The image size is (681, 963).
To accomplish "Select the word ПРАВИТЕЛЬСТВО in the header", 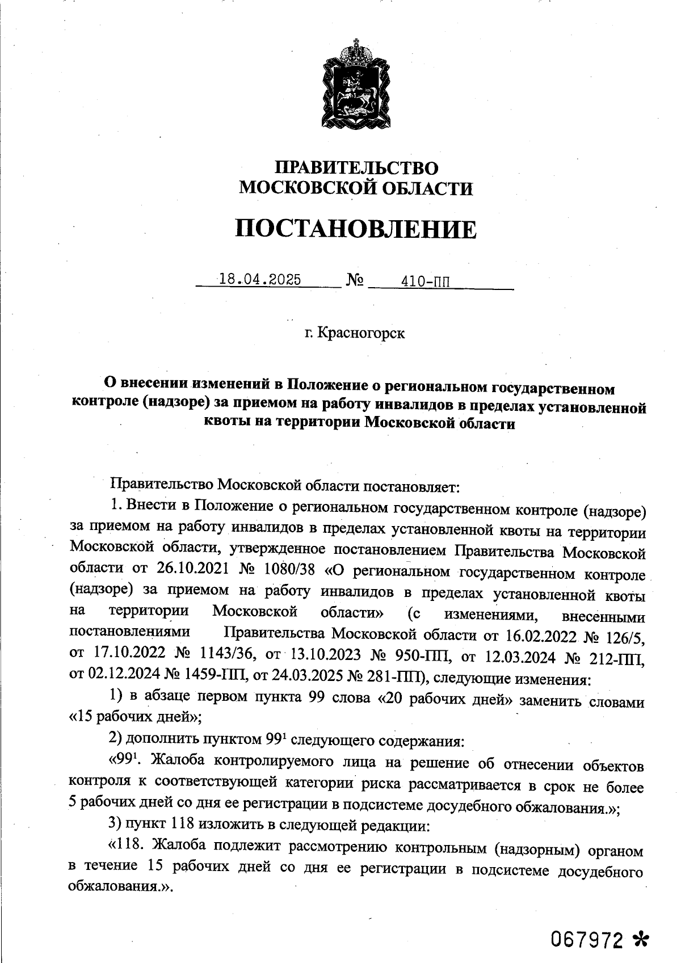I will (356, 168).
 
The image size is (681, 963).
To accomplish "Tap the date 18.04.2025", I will (260, 280).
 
